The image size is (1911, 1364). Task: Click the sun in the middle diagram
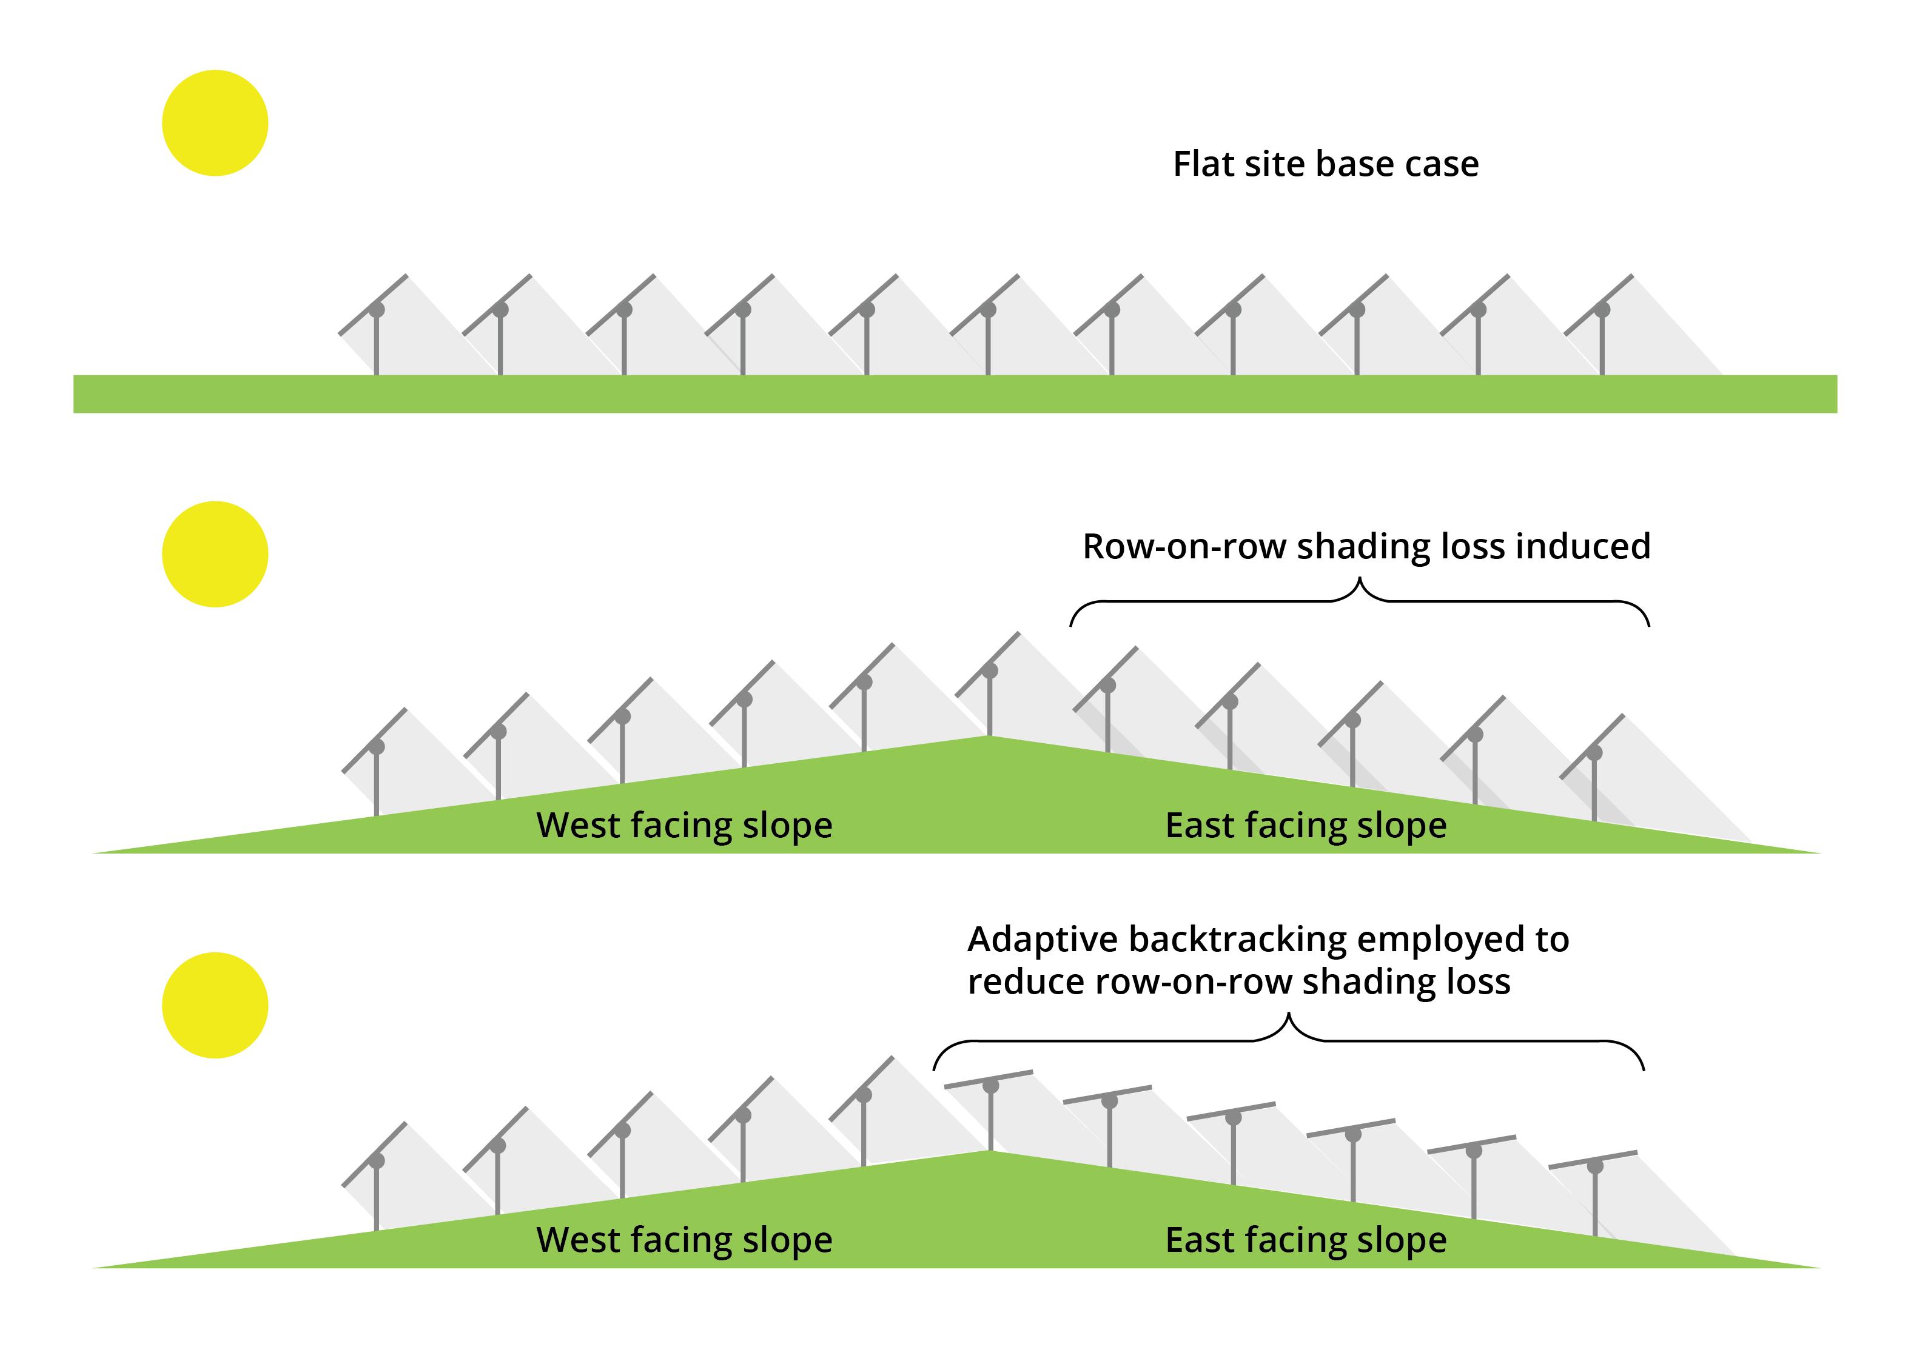(x=215, y=554)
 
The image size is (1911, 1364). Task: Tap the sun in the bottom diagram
(x=215, y=1005)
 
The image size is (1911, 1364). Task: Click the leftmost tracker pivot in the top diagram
(x=377, y=310)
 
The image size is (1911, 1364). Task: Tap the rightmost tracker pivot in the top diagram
(x=1603, y=310)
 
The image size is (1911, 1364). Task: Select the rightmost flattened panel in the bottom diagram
(x=1593, y=1159)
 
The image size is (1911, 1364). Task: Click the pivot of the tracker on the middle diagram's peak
(x=990, y=671)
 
